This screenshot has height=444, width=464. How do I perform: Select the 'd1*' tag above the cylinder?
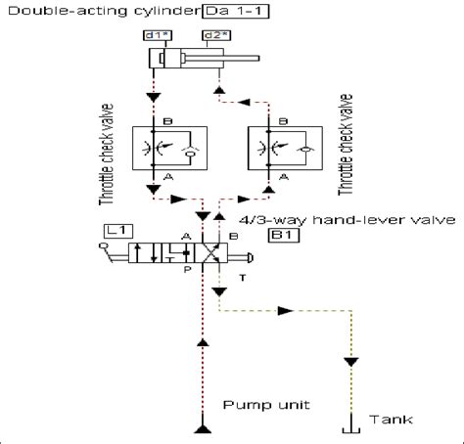[x=156, y=36]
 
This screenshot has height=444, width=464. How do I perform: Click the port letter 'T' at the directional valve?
[x=240, y=278]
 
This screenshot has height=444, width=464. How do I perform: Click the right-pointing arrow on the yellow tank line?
[x=286, y=310]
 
